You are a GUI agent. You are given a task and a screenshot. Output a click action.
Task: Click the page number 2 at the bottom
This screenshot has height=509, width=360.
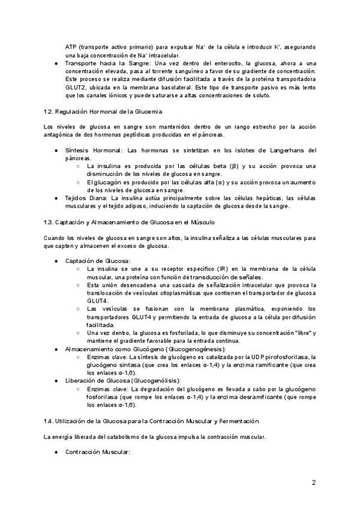[x=314, y=482]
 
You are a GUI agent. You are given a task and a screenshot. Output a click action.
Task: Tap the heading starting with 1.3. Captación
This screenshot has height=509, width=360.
[x=125, y=222]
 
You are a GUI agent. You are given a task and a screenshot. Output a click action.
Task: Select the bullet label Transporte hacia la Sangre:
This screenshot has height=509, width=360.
[x=108, y=63]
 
